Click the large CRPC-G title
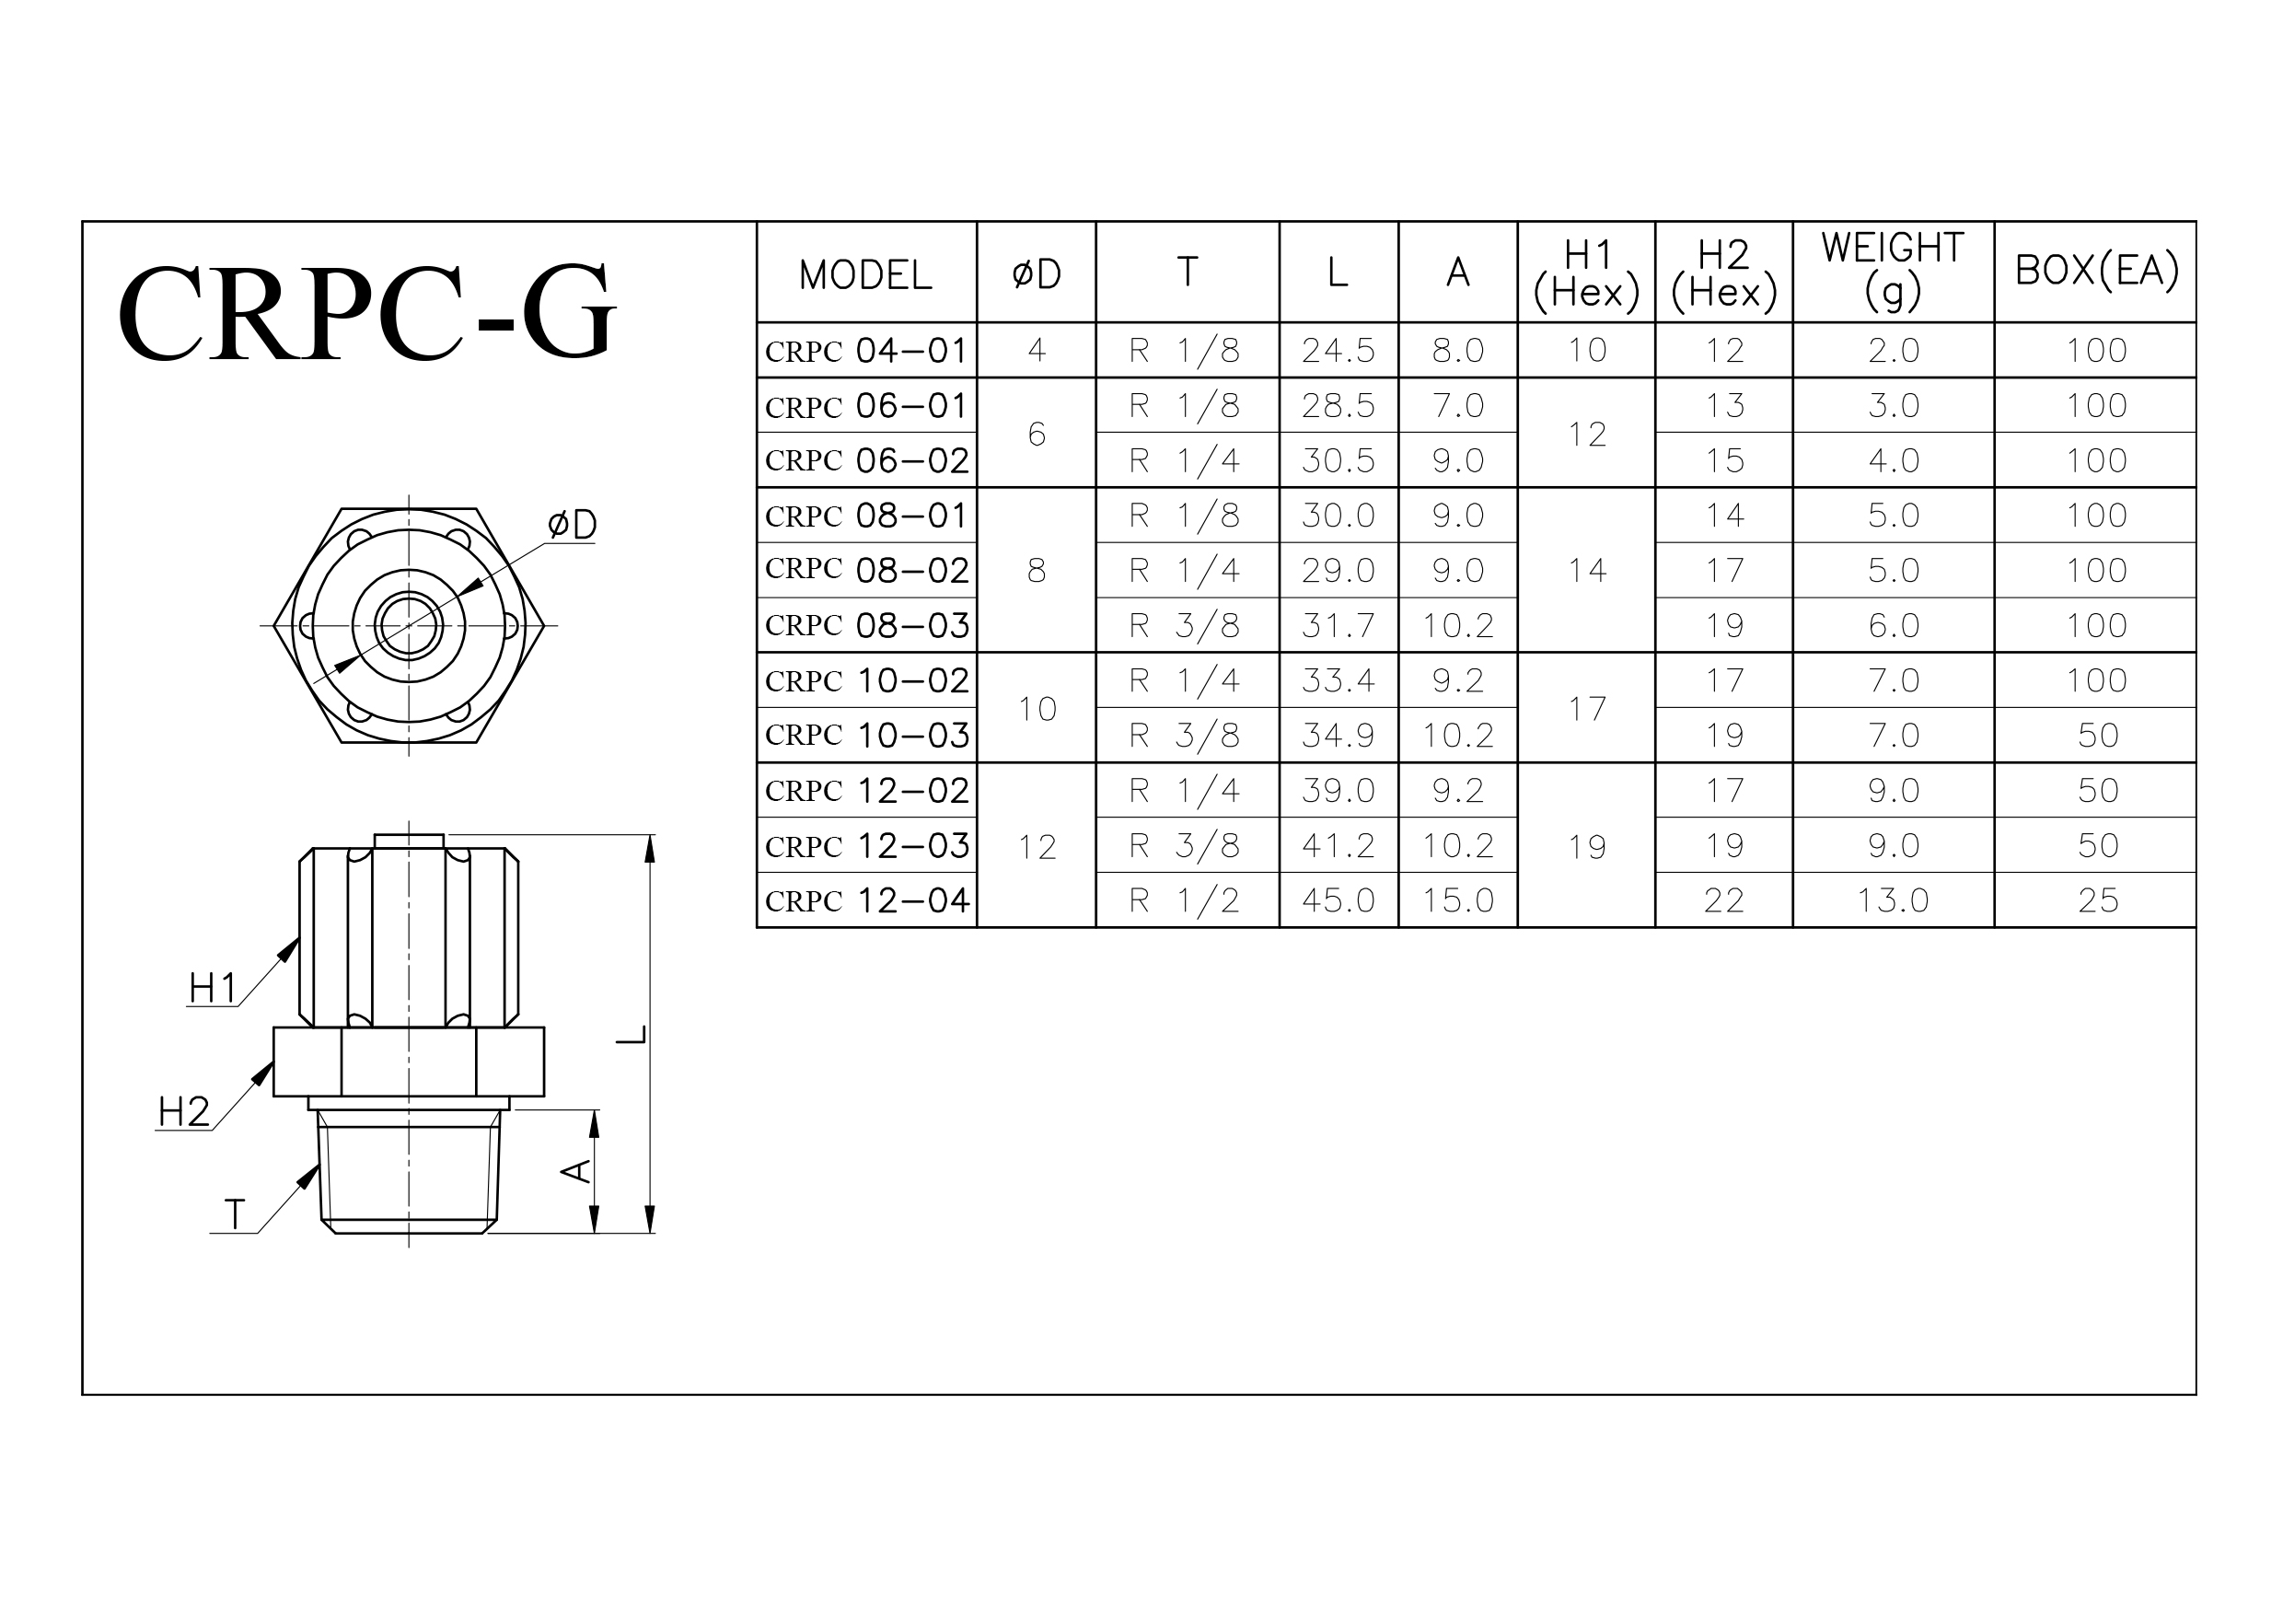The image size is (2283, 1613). coord(367,312)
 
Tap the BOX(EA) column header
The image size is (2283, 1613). coord(2096,270)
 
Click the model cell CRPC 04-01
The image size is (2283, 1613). coord(866,350)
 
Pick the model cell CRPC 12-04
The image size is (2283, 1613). coord(866,900)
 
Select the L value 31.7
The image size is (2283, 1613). coord(1338,624)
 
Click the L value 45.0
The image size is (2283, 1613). coord(1338,900)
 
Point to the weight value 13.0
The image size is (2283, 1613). coord(1893,900)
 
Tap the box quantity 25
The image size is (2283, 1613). coord(2097,900)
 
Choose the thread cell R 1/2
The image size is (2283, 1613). coord(1184,900)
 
